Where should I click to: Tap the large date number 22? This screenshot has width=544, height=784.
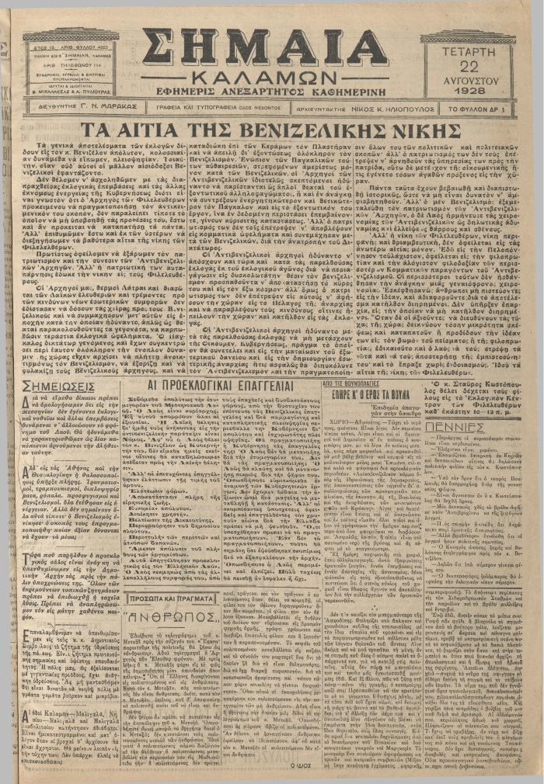469,64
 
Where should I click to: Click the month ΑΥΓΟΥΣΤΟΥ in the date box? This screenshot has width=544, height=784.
469,78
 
